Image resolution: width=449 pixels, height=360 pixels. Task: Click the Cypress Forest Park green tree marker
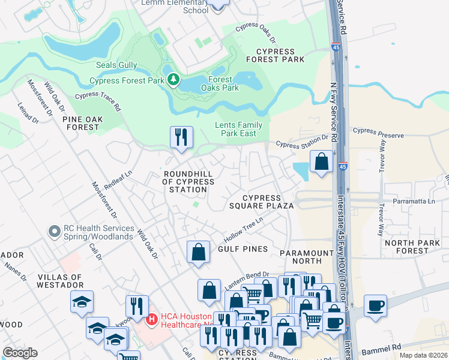[173, 80]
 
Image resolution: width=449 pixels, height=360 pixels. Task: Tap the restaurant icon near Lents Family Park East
[181, 137]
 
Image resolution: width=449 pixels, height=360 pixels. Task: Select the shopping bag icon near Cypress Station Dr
[321, 161]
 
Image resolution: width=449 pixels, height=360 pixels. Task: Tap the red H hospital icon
[152, 319]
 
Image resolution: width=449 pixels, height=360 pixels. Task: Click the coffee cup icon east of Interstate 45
[375, 305]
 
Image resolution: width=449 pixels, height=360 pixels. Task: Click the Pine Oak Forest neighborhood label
[81, 123]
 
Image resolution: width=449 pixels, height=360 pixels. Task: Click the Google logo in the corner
[20, 353]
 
